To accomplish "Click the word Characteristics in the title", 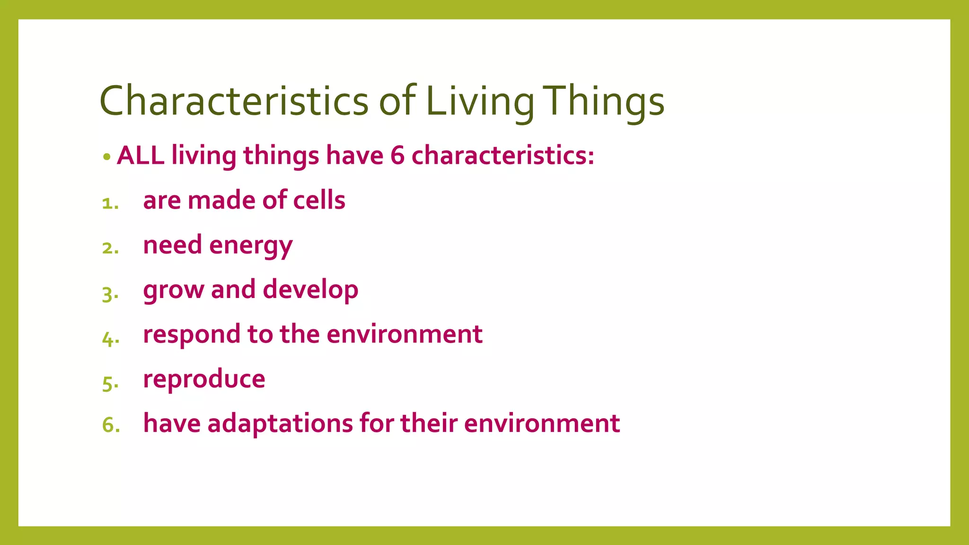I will tap(234, 101).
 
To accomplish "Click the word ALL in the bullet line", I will tap(141, 155).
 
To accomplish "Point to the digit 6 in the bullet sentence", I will tap(397, 155).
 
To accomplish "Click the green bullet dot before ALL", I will tap(107, 157).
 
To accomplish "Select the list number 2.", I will tap(109, 248).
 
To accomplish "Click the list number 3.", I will tap(109, 293).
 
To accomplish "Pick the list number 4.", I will tap(109, 338).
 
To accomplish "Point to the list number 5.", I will tap(109, 383).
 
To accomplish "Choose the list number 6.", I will tap(110, 425).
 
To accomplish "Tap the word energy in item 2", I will tap(251, 246).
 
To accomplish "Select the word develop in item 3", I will tap(310, 290).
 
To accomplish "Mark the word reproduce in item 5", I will tap(204, 379).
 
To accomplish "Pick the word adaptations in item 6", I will tap(280, 423).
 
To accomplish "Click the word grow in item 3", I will tap(173, 290).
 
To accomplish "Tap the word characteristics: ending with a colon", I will tap(502, 155).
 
